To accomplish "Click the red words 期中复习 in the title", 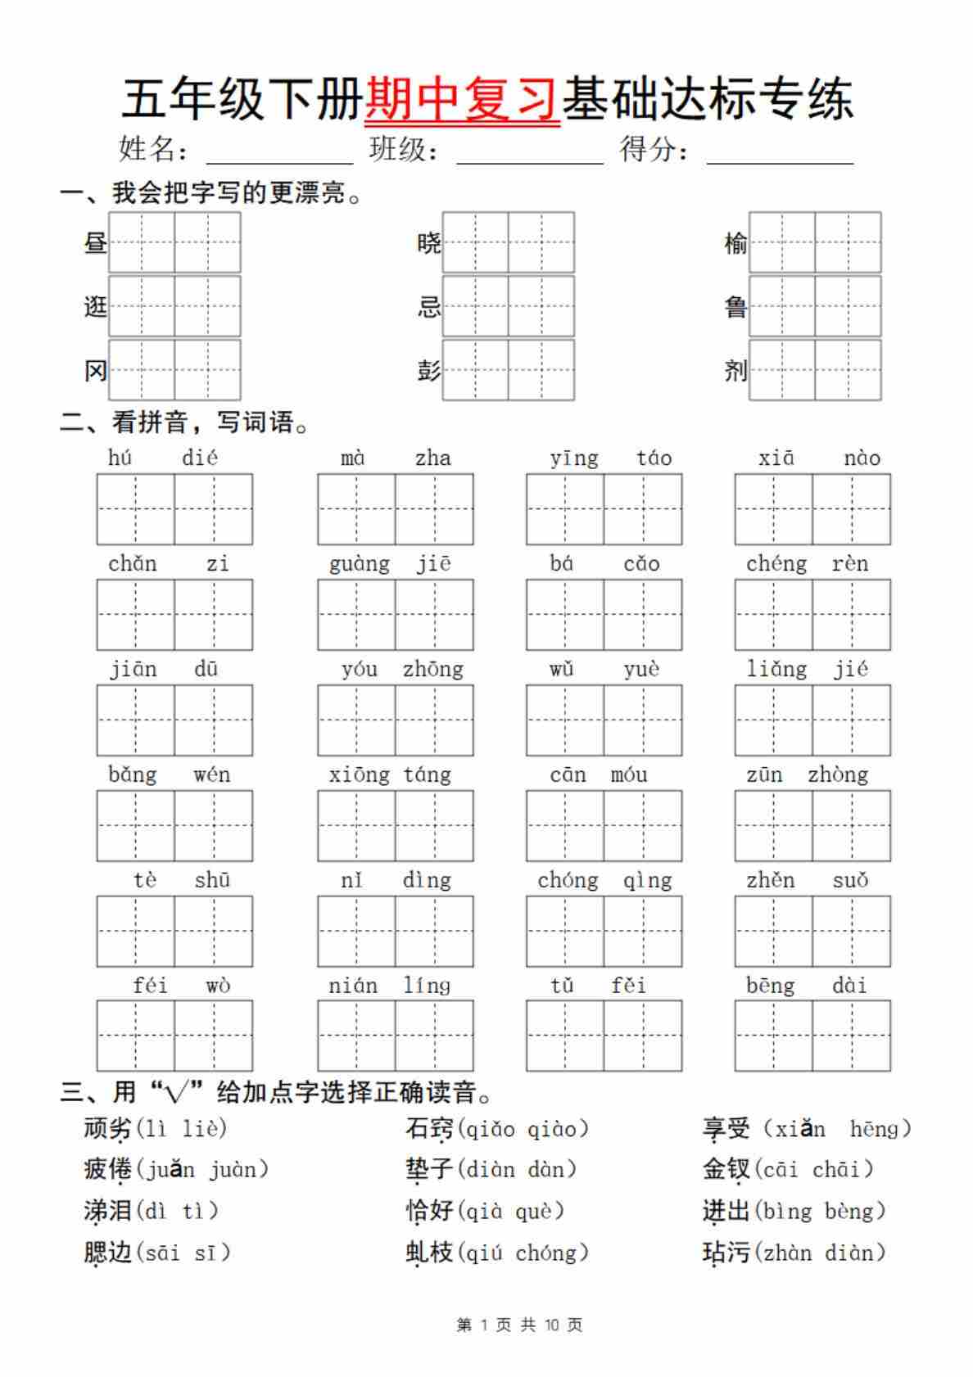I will click(x=462, y=99).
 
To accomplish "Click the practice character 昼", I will click(x=95, y=242).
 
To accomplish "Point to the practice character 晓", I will click(x=428, y=242).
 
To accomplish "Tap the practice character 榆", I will click(x=735, y=242).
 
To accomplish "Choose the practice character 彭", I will click(x=428, y=371).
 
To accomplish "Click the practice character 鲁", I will click(x=735, y=307).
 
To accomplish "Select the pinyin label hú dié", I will click(x=163, y=458).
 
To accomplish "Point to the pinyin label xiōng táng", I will click(x=390, y=774).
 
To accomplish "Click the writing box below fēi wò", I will click(x=174, y=1036).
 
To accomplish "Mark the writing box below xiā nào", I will click(x=812, y=509).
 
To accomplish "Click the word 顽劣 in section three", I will click(x=107, y=1129).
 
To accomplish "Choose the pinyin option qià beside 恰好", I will click(x=484, y=1211).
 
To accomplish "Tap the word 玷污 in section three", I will click(x=726, y=1253).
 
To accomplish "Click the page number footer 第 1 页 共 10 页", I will click(x=519, y=1325).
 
